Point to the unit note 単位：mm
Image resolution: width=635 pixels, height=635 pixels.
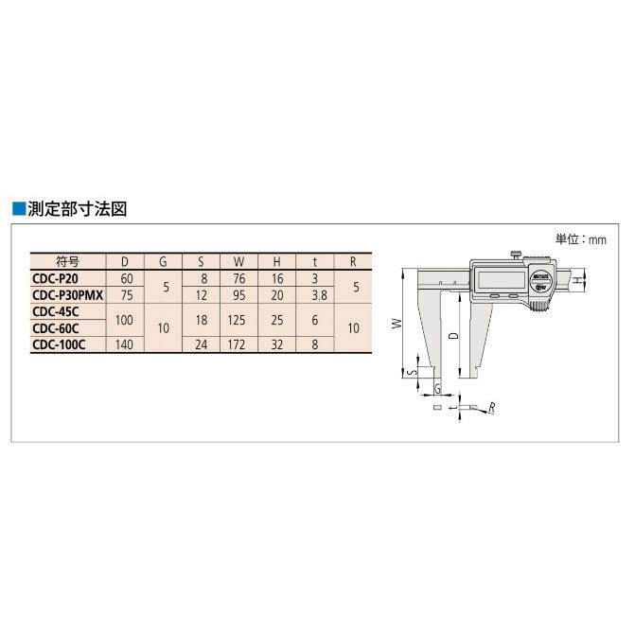(580, 239)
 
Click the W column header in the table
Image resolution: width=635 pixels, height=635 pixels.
(238, 261)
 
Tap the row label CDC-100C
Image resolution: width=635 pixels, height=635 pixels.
(59, 345)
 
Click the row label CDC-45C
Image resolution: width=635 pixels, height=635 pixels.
(55, 311)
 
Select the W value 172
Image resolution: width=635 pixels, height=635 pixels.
(238, 345)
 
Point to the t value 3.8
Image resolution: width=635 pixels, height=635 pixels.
(315, 294)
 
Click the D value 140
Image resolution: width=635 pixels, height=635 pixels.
(124, 345)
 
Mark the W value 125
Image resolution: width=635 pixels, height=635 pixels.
(238, 320)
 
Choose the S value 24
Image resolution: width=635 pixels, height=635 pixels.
(201, 345)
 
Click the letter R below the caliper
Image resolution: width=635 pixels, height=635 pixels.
(493, 407)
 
